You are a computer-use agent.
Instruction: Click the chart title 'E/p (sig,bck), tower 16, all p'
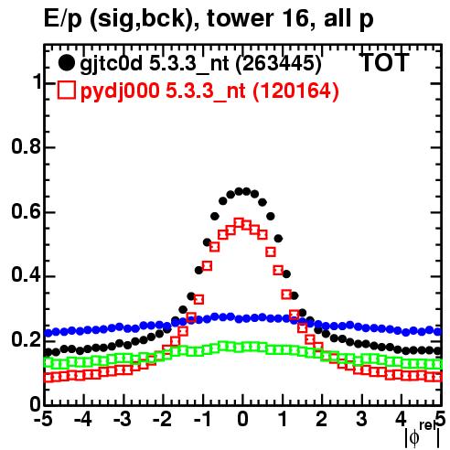[209, 19]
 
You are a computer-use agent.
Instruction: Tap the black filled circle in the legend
[66, 63]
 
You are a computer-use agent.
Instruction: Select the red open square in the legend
[66, 91]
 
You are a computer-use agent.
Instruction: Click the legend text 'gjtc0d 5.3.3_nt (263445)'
[200, 64]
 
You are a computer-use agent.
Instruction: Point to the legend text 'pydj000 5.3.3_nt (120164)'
[209, 91]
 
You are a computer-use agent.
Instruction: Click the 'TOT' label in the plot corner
[385, 62]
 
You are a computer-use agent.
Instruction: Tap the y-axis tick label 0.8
[27, 146]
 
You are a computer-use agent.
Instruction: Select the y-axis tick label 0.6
[27, 211]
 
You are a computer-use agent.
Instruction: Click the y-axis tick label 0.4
[27, 275]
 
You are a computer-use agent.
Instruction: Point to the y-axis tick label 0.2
[27, 340]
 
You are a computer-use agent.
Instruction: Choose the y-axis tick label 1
[37, 82]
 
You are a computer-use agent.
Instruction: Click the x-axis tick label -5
[43, 420]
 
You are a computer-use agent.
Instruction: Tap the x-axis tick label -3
[123, 420]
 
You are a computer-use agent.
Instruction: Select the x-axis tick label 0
[242, 420]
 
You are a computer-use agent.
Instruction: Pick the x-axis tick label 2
[322, 420]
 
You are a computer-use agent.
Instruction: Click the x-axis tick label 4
[402, 420]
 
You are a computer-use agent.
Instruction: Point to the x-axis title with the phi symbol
[423, 434]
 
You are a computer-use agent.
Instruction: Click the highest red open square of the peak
[240, 223]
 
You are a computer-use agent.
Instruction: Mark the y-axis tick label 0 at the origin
[36, 404]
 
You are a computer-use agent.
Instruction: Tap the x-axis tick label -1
[202, 420]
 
